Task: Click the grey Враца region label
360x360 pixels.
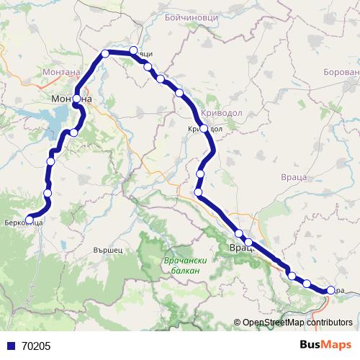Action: click(293, 176)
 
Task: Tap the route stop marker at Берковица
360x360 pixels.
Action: click(30, 220)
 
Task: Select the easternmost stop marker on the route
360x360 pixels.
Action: click(330, 290)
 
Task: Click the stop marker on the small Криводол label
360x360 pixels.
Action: click(204, 129)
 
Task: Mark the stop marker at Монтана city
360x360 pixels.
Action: click(77, 99)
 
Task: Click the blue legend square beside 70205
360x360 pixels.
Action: click(8, 346)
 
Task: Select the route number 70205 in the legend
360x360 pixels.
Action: click(35, 346)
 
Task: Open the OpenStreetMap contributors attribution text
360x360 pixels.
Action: click(297, 323)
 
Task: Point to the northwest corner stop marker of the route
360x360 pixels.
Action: click(105, 53)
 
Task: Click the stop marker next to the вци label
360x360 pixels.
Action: click(133, 50)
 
